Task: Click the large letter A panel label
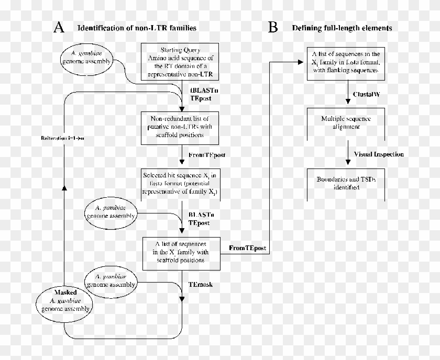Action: [59, 27]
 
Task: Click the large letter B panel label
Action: [273, 27]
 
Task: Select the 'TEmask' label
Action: [200, 285]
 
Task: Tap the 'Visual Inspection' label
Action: [379, 155]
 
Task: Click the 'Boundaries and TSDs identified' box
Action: [347, 183]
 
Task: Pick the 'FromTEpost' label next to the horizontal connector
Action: [248, 246]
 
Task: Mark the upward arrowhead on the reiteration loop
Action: [63, 188]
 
